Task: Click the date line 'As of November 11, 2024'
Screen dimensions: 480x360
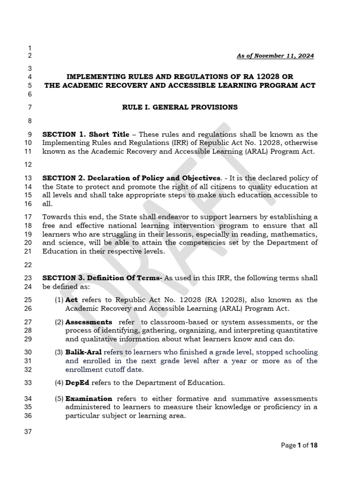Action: coord(275,56)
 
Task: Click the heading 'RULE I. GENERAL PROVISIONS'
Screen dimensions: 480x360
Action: coord(180,107)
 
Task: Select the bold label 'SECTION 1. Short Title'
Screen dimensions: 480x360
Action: coord(86,135)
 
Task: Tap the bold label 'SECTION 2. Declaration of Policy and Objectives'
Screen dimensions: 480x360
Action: coord(131,178)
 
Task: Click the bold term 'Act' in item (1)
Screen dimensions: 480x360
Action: coord(71,300)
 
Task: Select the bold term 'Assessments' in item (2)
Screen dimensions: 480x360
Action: coord(89,322)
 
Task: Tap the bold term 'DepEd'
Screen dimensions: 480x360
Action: coord(76,382)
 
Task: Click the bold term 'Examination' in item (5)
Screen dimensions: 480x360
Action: coord(89,399)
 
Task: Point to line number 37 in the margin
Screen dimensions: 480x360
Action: coord(27,432)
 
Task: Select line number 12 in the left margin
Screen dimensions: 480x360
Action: coord(27,165)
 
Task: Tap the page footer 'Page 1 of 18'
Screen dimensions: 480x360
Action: coord(299,445)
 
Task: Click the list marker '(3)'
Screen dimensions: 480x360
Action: coord(59,352)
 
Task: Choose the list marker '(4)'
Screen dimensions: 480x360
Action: coord(59,382)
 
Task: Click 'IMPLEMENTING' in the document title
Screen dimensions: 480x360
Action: coord(92,76)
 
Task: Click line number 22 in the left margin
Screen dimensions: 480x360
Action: coord(27,265)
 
